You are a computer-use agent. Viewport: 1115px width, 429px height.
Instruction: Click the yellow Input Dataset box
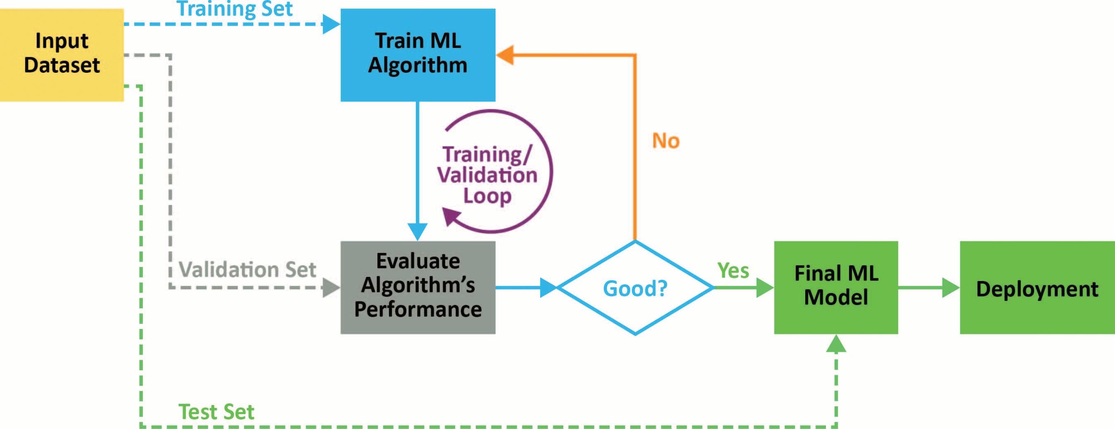pyautogui.click(x=62, y=55)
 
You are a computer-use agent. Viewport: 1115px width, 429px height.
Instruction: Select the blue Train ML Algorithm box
pyautogui.click(x=418, y=55)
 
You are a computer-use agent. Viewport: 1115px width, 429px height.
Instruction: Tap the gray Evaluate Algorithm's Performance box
pyautogui.click(x=418, y=287)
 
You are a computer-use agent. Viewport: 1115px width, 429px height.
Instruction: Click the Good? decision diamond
pyautogui.click(x=635, y=288)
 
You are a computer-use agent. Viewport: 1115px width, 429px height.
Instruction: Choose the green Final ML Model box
pyautogui.click(x=836, y=287)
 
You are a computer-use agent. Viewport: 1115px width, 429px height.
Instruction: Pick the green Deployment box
pyautogui.click(x=1037, y=288)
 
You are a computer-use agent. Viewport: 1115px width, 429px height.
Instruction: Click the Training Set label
pyautogui.click(x=235, y=9)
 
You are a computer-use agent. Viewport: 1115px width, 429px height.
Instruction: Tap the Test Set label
pyautogui.click(x=216, y=411)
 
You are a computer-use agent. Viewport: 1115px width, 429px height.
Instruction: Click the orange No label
pyautogui.click(x=666, y=141)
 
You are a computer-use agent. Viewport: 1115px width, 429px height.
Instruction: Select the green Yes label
pyautogui.click(x=733, y=271)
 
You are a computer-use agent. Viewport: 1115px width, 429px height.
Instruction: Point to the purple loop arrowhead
pyautogui.click(x=451, y=216)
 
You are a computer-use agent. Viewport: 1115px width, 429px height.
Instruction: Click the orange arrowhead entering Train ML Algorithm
pyautogui.click(x=505, y=55)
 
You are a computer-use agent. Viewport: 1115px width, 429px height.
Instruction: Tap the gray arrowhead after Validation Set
pyautogui.click(x=331, y=287)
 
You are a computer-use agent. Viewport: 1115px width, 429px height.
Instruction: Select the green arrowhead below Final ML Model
pyautogui.click(x=836, y=343)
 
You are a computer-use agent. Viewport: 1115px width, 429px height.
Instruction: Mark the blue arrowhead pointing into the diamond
pyautogui.click(x=548, y=287)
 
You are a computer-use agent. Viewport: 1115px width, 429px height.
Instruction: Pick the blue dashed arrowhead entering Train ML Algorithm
pyautogui.click(x=332, y=24)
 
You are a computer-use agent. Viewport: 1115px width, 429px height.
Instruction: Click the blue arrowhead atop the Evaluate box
pyautogui.click(x=418, y=231)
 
